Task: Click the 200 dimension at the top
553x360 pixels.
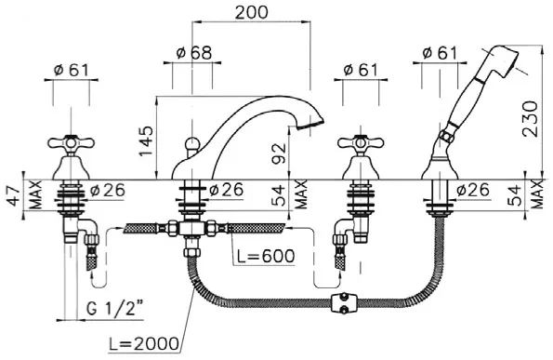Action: pyautogui.click(x=252, y=13)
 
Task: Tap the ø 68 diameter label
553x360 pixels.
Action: pyautogui.click(x=194, y=53)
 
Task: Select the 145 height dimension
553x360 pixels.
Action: pyautogui.click(x=146, y=141)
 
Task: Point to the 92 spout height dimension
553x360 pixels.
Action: pyautogui.click(x=279, y=154)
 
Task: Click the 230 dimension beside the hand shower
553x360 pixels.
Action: pyautogui.click(x=530, y=118)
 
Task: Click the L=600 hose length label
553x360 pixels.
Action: pyautogui.click(x=266, y=256)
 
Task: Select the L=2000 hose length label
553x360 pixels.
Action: pyautogui.click(x=143, y=343)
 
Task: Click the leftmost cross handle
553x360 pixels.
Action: pyautogui.click(x=72, y=143)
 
